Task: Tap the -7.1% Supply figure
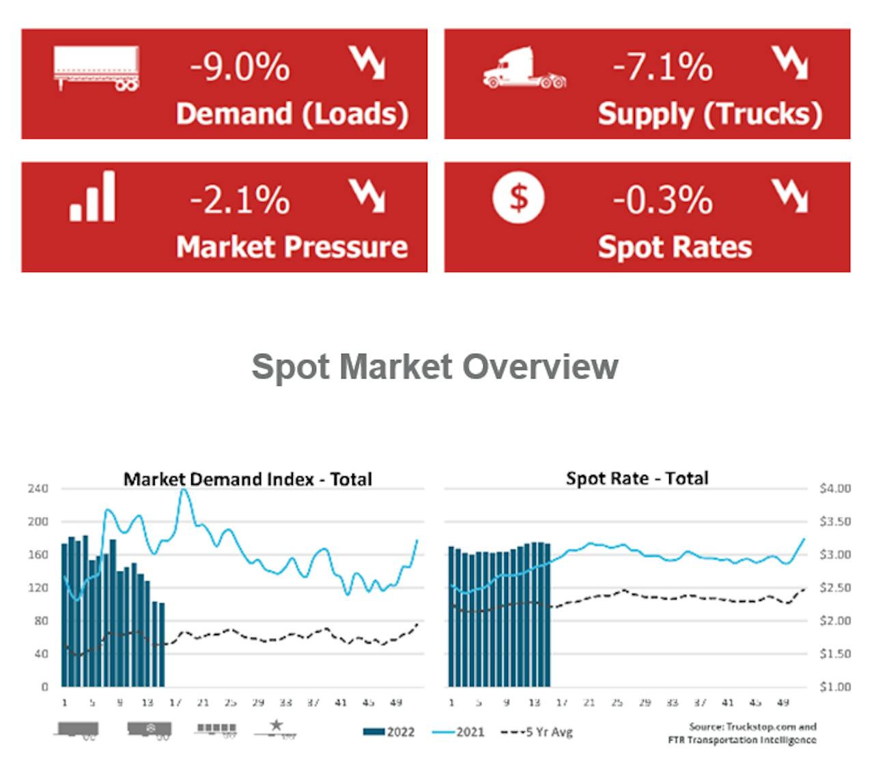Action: coord(662,68)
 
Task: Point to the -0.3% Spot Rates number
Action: coord(662,200)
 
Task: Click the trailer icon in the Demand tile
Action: coord(96,68)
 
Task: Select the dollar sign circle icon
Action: coord(519,199)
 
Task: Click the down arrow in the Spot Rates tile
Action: coord(790,196)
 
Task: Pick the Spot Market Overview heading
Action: coord(435,366)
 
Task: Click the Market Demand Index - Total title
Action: coord(247,479)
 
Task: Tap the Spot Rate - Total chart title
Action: coord(636,478)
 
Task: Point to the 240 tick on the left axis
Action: coord(38,489)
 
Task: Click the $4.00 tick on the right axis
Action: coord(834,489)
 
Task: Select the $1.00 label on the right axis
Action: coord(834,687)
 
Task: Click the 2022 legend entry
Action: coord(389,732)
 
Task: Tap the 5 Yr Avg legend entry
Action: coord(537,732)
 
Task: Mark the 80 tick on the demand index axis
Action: coord(42,621)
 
